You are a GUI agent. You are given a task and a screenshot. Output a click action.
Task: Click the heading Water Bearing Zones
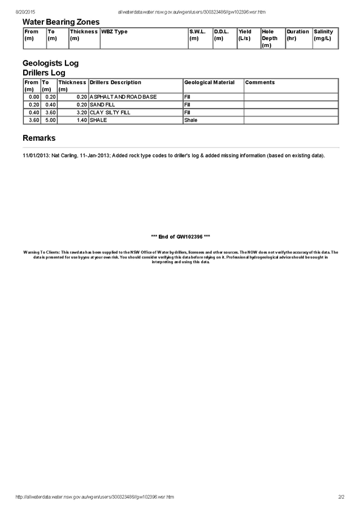pos(61,22)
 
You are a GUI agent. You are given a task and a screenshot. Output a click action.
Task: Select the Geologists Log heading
pos(50,63)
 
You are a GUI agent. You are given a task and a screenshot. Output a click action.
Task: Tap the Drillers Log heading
pos(44,73)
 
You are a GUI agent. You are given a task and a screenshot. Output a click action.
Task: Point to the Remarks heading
pos(39,138)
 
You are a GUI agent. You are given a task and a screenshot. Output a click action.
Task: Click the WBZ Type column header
pos(114,32)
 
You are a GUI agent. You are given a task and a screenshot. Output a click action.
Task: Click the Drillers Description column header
pos(115,83)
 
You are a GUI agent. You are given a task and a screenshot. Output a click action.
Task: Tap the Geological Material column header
pos(209,83)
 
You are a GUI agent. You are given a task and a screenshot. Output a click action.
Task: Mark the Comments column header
pos(260,83)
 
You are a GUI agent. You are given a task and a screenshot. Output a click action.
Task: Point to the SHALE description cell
pos(98,120)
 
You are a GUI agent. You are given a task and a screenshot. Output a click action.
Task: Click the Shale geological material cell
pos(191,120)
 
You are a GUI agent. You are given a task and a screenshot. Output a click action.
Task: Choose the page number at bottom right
pos(341,497)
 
